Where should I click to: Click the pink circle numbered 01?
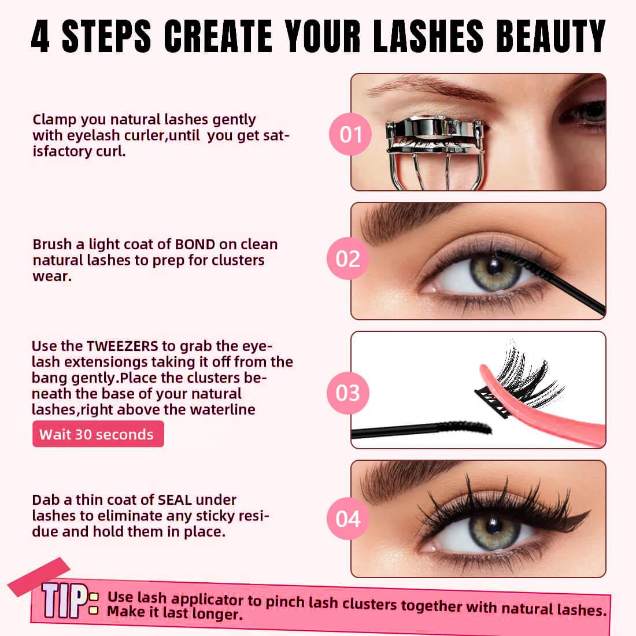tap(350, 134)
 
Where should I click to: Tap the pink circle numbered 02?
tap(347, 259)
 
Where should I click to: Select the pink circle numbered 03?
tap(347, 393)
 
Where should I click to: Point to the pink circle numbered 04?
tap(347, 519)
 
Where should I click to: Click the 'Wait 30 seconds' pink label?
tap(98, 434)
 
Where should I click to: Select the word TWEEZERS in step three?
tap(122, 346)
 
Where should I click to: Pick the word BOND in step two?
tap(195, 245)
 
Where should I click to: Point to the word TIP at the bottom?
tap(64, 600)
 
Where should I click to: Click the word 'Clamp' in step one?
tap(54, 120)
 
